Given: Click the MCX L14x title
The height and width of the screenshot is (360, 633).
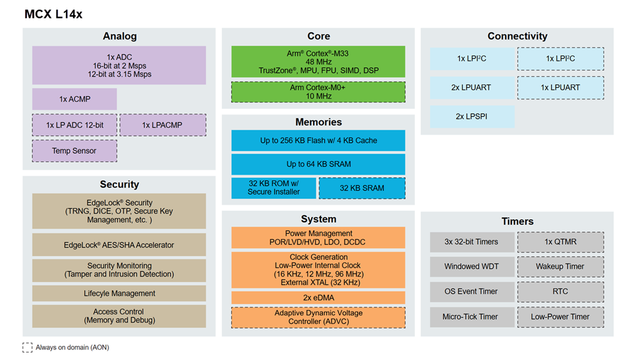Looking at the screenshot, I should click(53, 14).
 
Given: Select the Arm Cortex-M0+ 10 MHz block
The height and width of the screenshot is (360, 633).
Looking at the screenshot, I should click(318, 92).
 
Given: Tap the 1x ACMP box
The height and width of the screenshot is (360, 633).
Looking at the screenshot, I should click(74, 99).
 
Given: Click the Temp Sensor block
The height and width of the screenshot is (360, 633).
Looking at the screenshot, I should click(74, 151).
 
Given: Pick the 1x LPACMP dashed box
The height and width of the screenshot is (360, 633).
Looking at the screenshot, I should click(163, 125).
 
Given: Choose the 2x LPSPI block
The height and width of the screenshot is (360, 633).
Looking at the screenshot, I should click(472, 116).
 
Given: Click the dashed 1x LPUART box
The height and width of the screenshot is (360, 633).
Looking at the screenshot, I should click(560, 87).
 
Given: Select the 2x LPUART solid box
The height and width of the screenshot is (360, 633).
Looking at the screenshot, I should click(472, 87).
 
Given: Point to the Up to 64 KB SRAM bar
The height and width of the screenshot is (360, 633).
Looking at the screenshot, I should click(318, 164).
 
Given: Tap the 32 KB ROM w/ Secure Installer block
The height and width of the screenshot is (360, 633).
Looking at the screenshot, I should click(274, 188).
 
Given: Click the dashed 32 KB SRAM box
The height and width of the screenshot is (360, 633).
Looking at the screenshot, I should click(362, 188).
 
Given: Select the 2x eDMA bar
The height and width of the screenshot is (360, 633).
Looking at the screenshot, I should click(318, 297).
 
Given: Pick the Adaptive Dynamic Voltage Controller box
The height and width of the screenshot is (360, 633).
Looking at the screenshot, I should click(318, 317).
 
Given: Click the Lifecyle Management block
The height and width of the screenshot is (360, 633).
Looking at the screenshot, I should click(119, 294).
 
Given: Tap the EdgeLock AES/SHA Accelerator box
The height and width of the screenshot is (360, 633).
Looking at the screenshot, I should click(119, 245).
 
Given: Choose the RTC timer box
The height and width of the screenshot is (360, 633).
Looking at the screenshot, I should click(560, 291).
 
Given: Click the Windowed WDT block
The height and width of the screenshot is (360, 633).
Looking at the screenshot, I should click(472, 267).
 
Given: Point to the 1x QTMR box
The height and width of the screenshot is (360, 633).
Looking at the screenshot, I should click(560, 242).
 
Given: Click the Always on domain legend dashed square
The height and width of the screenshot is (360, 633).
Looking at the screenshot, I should click(27, 347).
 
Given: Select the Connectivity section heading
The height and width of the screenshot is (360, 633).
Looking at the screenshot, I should click(517, 36).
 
